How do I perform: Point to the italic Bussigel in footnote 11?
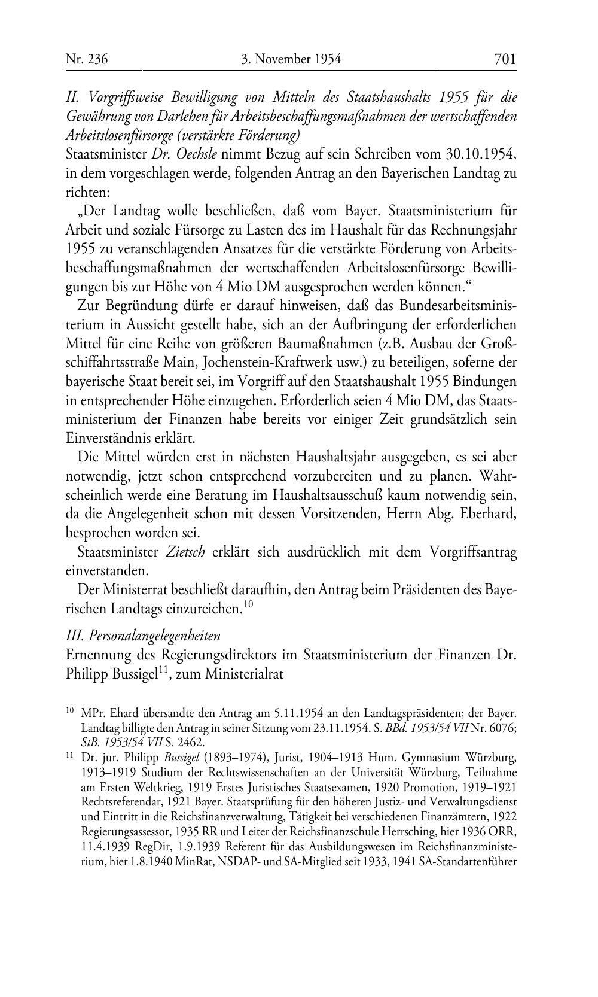pyautogui.click(x=173, y=759)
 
